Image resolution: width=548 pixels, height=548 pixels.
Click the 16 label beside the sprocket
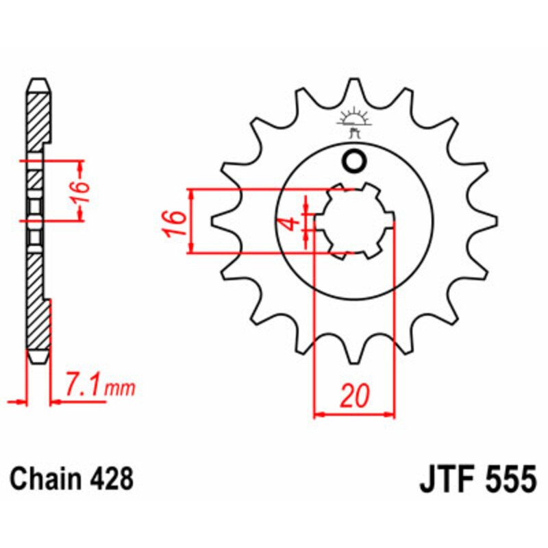(x=175, y=223)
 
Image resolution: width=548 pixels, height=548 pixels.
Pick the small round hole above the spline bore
(x=355, y=162)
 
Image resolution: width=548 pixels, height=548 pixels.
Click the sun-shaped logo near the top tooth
(x=355, y=119)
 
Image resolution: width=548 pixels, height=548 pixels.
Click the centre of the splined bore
(x=354, y=221)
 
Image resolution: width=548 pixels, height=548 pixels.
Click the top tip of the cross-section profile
(x=39, y=81)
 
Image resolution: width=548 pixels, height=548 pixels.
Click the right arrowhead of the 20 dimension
(x=392, y=414)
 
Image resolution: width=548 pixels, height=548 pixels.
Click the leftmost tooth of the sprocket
(x=218, y=221)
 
